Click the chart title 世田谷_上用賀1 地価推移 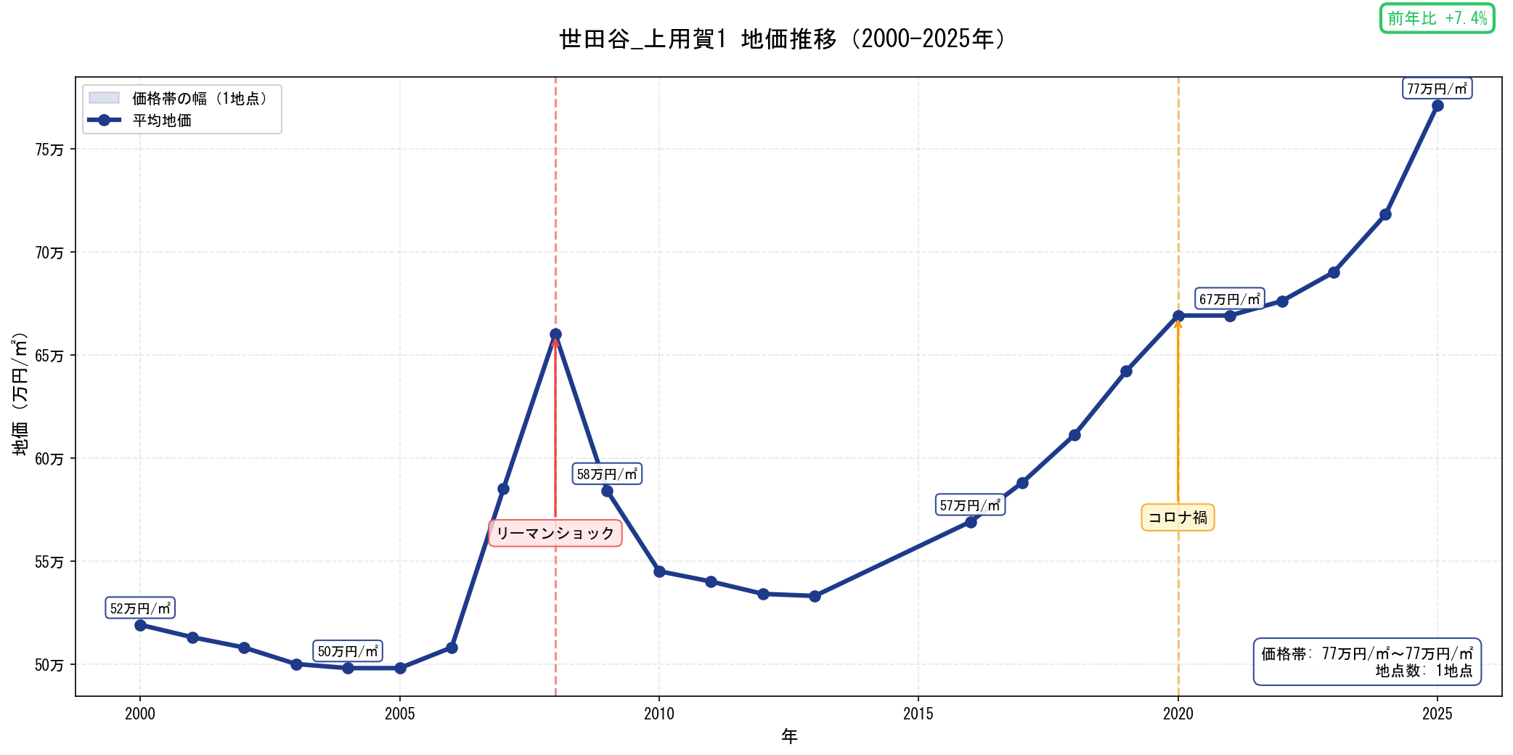[x=783, y=39]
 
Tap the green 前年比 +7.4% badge [x=1437, y=18]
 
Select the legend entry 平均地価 [x=161, y=121]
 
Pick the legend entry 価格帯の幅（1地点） [x=200, y=98]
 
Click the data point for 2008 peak [x=555, y=335]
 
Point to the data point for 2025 [x=1437, y=106]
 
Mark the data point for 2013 [x=815, y=596]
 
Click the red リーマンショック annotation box [x=555, y=534]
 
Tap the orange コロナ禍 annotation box [x=1178, y=518]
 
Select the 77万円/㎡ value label [x=1437, y=89]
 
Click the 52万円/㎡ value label [x=140, y=608]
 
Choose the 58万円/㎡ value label [x=607, y=474]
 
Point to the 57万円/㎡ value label [x=970, y=505]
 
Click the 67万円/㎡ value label [x=1229, y=299]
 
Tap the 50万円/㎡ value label [x=348, y=651]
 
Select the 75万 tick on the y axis [x=49, y=150]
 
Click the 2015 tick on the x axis [x=918, y=714]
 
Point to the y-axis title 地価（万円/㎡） [x=20, y=394]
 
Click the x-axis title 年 [x=789, y=736]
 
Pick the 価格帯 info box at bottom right [x=1366, y=661]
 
